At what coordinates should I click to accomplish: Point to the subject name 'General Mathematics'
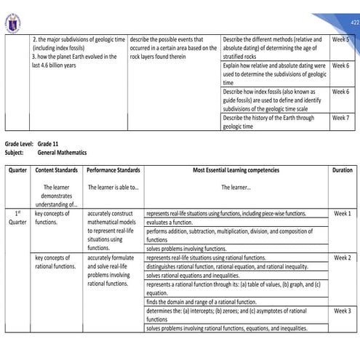coord(62,153)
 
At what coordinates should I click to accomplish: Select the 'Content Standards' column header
coord(57,169)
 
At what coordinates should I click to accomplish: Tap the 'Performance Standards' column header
coord(113,169)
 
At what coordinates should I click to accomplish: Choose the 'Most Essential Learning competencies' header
coord(236,169)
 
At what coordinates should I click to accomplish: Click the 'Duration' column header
coord(341,169)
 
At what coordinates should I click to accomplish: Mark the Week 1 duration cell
coord(341,214)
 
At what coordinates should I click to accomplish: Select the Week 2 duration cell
coord(341,258)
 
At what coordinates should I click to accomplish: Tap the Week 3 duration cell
coord(341,311)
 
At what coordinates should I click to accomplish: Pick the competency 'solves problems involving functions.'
coord(186,249)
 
